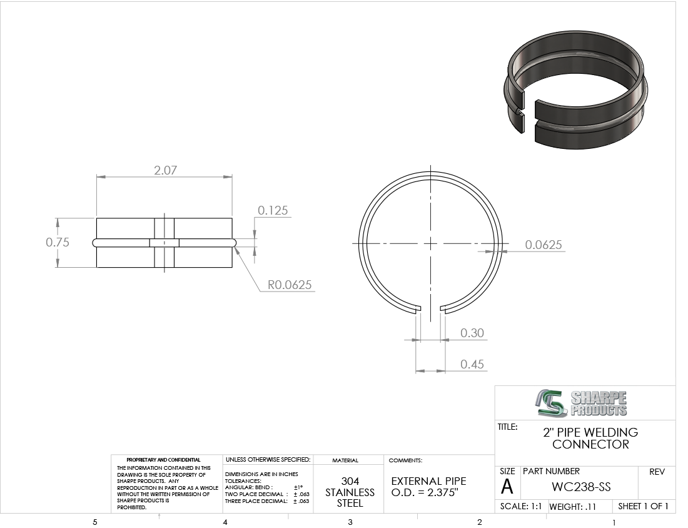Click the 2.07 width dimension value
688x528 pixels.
click(165, 170)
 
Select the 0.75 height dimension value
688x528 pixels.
click(58, 242)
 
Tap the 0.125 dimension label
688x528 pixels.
click(273, 210)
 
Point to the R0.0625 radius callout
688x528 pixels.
click(290, 285)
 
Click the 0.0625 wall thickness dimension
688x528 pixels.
click(543, 245)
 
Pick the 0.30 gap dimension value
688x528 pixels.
click(472, 333)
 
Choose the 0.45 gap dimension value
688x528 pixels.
click(472, 364)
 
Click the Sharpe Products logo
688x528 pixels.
click(581, 404)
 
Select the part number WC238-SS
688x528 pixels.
click(581, 487)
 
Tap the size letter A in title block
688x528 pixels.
click(507, 487)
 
